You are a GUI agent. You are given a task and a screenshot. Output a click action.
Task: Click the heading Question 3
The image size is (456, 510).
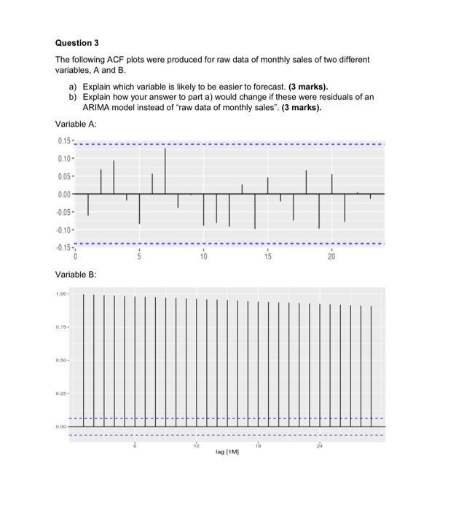click(x=77, y=43)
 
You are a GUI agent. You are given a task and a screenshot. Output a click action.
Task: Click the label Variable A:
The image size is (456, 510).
click(x=76, y=125)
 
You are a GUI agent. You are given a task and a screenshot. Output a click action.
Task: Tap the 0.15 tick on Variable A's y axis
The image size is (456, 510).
click(x=63, y=141)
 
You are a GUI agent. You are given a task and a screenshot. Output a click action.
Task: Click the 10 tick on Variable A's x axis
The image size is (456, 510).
click(x=203, y=257)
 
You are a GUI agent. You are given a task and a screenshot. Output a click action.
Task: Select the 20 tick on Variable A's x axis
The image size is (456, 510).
click(x=331, y=257)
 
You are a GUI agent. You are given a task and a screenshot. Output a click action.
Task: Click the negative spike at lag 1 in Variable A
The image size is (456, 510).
click(x=88, y=205)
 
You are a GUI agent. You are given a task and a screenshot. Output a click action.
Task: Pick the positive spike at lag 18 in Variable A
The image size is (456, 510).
click(x=306, y=182)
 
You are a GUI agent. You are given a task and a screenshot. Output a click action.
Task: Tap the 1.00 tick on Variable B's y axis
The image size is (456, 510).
click(x=62, y=294)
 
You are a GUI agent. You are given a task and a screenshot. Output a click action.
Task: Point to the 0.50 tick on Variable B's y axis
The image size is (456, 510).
click(x=62, y=360)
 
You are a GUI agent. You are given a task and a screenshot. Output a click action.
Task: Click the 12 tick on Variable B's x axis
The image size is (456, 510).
click(x=195, y=444)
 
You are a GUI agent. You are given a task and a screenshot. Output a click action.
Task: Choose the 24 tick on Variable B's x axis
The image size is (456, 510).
click(x=319, y=444)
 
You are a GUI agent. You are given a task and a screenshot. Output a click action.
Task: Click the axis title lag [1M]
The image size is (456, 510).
click(x=227, y=452)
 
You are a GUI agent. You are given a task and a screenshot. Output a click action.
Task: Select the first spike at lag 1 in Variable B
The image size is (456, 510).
click(x=84, y=360)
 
